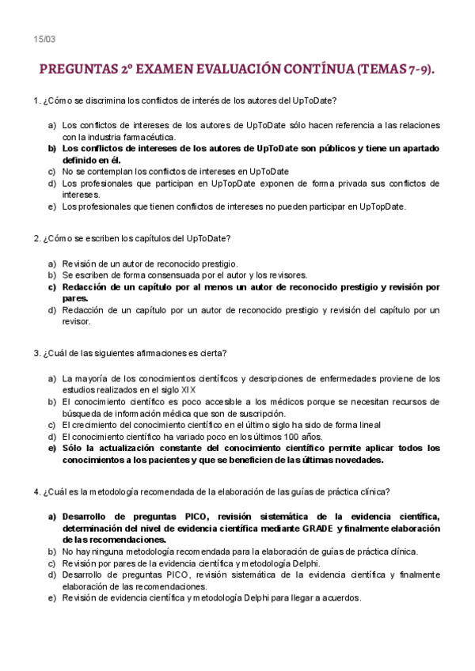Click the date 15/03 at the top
44,40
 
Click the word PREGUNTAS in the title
76,70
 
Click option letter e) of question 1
51,207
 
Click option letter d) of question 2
51,310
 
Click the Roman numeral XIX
188,390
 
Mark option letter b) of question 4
51,552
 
